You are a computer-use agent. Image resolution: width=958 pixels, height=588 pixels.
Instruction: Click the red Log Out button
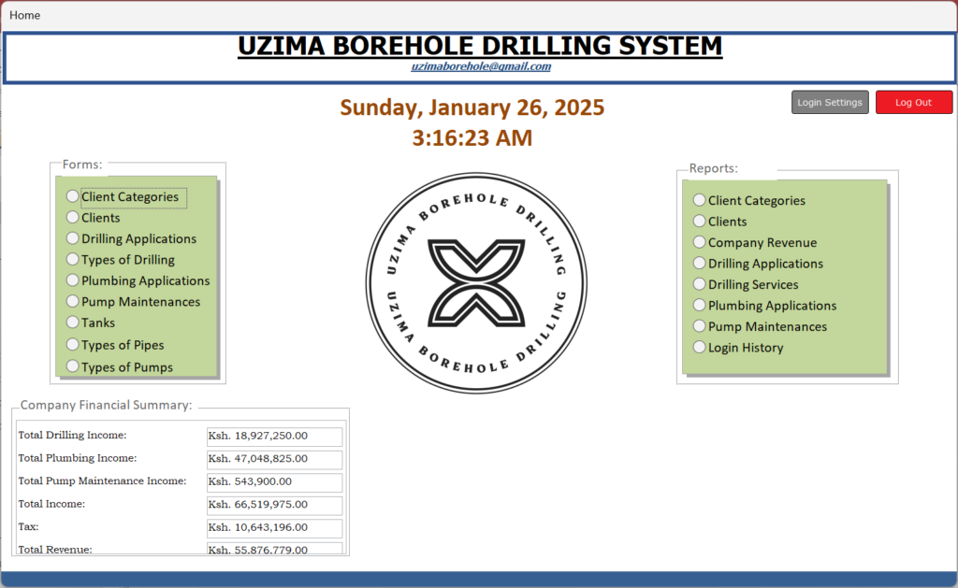click(914, 103)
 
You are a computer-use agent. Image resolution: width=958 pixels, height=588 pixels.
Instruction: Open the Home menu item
click(25, 15)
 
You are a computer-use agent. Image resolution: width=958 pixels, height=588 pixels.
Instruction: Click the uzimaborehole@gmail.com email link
click(481, 66)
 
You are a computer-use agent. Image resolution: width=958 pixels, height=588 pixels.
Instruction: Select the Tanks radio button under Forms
click(73, 322)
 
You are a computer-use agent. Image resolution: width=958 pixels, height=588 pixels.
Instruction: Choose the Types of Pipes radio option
click(73, 344)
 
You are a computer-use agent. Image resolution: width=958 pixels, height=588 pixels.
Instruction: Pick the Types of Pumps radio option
click(73, 366)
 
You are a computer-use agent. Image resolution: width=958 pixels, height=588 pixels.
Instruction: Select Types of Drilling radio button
click(73, 259)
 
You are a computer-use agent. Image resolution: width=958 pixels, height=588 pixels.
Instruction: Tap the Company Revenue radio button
click(700, 242)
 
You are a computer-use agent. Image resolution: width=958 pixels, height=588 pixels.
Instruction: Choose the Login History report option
click(700, 347)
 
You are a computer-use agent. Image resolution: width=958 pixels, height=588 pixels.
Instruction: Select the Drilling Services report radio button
click(700, 284)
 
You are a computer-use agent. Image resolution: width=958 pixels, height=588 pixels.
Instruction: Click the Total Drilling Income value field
click(274, 436)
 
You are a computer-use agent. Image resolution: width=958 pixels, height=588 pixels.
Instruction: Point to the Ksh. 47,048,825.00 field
click(274, 459)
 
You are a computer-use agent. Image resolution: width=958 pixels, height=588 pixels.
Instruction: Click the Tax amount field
click(274, 527)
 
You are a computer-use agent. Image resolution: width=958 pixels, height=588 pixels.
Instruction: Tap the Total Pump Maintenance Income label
click(102, 481)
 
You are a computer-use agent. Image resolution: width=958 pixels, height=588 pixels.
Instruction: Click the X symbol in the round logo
click(476, 282)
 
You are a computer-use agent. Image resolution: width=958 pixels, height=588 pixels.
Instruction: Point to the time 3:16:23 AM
click(472, 138)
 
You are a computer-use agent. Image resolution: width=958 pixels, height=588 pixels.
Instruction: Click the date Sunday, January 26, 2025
click(472, 108)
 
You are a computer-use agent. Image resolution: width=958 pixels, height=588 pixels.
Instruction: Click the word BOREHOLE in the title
click(403, 47)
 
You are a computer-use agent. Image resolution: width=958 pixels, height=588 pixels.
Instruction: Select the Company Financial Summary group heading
click(107, 405)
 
